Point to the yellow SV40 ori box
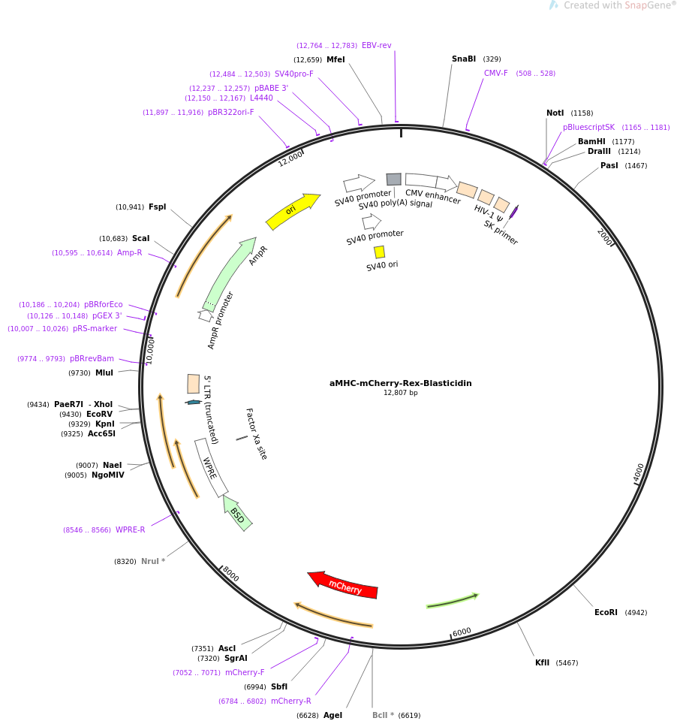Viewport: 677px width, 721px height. [380, 252]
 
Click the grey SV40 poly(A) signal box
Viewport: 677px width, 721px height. [394, 179]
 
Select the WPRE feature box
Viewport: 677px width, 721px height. [211, 467]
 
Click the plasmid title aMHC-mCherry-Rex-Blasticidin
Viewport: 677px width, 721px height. [400, 383]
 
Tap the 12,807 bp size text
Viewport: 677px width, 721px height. [400, 393]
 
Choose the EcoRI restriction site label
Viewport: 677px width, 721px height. [606, 612]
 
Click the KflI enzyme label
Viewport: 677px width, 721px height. [542, 662]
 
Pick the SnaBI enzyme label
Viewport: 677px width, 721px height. [464, 59]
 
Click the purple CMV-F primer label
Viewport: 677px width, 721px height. [495, 73]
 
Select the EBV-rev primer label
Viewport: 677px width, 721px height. [376, 45]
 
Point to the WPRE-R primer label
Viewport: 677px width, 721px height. [130, 529]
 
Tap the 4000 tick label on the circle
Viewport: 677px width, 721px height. [639, 472]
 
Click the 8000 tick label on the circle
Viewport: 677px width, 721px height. [230, 574]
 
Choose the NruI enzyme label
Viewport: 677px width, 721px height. [150, 561]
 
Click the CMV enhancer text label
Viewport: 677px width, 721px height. [433, 197]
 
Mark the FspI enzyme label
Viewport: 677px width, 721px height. [157, 207]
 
